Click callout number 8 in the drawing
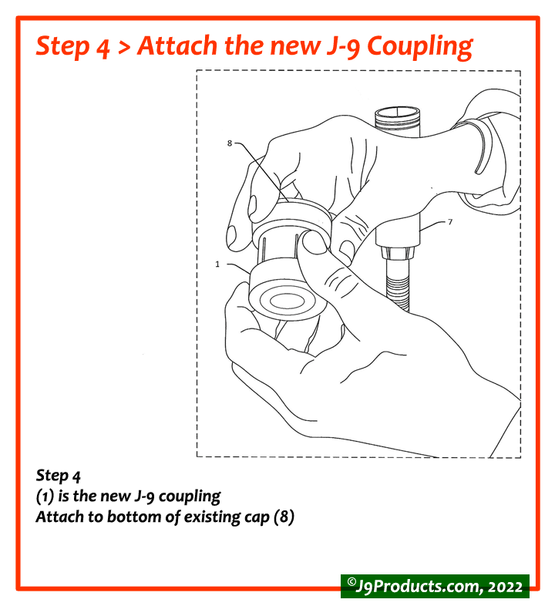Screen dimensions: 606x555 click(x=230, y=143)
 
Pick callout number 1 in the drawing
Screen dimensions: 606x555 click(x=218, y=264)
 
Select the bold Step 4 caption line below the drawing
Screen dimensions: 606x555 click(x=59, y=475)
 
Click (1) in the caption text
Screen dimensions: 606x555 click(x=45, y=496)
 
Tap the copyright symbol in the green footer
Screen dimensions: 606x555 click(x=351, y=584)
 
